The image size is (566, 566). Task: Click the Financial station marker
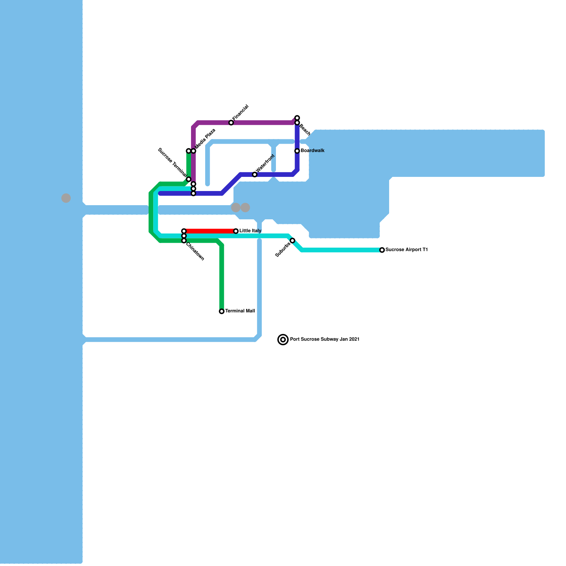click(x=231, y=123)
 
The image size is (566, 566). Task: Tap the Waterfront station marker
click(x=255, y=175)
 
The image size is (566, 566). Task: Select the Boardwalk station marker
click(x=297, y=151)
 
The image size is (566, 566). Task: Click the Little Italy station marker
click(x=236, y=231)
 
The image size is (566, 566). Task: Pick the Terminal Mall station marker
click(x=221, y=311)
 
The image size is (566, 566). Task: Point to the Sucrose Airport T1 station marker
click(x=382, y=250)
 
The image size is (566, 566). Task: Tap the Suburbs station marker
click(x=293, y=241)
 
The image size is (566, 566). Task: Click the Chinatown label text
click(x=195, y=252)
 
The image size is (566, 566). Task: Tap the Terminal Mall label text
click(x=240, y=311)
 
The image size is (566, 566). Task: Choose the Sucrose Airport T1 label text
click(x=406, y=250)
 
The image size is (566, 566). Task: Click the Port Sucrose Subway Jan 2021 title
click(x=325, y=339)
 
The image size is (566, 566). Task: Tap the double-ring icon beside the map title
click(x=283, y=340)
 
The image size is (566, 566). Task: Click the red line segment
click(x=210, y=231)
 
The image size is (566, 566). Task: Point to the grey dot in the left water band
click(x=66, y=198)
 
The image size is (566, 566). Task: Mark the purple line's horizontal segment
click(x=244, y=123)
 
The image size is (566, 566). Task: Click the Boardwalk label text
click(x=313, y=151)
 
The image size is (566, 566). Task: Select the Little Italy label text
click(x=250, y=231)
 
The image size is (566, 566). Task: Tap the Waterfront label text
click(x=265, y=163)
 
